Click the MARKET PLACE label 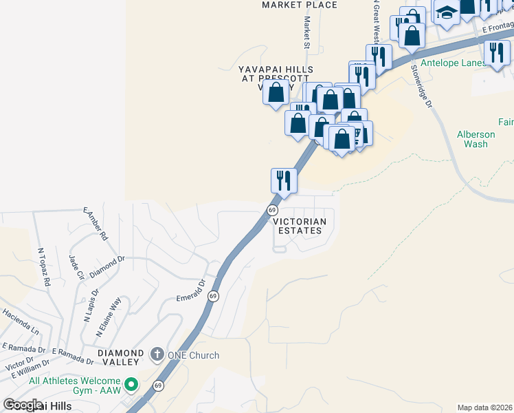pos(300,5)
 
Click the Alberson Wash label pos(476,139)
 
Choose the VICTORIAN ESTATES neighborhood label pos(298,226)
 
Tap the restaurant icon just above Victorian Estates pos(284,180)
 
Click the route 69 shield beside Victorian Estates pos(272,209)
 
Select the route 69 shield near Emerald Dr pos(214,296)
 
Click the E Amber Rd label pos(96,224)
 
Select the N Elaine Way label pos(109,316)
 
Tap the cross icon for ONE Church pos(157,355)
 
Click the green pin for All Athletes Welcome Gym pos(131,383)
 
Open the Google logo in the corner pos(23,405)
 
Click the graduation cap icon pos(446,13)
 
